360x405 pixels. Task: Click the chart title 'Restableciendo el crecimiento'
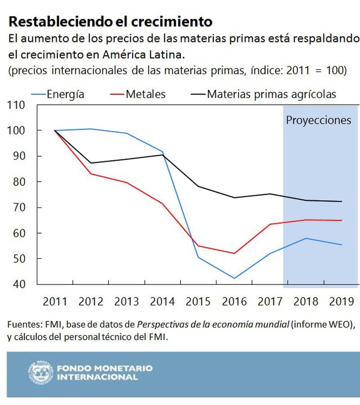[110, 21]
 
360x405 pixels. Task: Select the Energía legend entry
[65, 94]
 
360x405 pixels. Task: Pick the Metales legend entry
[145, 94]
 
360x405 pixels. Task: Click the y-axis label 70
[20, 208]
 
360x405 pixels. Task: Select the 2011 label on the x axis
[55, 301]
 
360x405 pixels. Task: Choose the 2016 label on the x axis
[234, 301]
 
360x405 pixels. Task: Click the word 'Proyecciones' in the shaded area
[319, 120]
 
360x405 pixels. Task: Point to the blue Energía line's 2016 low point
[234, 278]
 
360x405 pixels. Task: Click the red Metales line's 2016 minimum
[234, 253]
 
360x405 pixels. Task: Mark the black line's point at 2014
[163, 155]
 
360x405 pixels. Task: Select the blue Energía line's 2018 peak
[306, 238]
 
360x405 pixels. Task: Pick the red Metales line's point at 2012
[91, 174]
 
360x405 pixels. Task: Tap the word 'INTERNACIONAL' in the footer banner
[97, 378]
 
